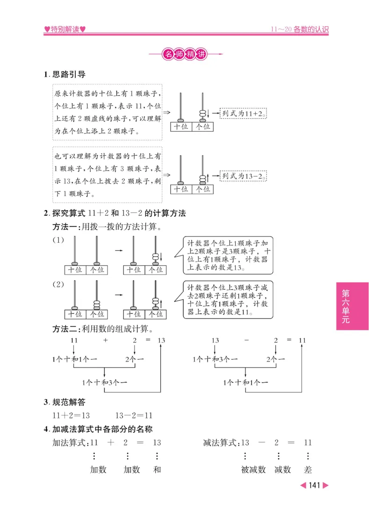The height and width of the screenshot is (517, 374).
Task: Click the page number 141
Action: pos(314,485)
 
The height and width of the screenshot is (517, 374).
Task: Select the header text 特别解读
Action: pos(65,29)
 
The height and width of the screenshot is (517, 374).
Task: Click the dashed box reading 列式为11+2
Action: pos(243,113)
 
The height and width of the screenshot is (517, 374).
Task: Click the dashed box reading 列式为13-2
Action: pos(243,176)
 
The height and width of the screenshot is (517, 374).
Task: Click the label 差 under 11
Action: pos(307,470)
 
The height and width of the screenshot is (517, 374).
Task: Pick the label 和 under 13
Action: pos(157,470)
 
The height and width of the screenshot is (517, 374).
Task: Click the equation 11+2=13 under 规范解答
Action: pos(71,415)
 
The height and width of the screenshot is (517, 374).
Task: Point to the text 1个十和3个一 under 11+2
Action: pos(104,382)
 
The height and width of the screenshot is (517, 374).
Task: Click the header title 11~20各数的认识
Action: pos(300,29)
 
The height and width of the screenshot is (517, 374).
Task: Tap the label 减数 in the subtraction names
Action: pos(282,470)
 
